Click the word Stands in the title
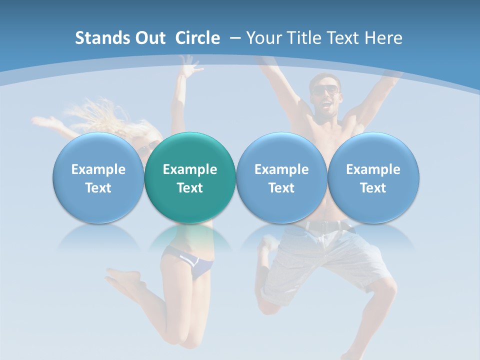point(102,38)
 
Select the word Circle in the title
point(197,38)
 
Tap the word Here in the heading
point(383,38)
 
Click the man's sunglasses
point(325,90)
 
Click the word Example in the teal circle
point(190,169)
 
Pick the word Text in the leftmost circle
point(98,188)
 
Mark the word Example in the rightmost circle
point(373,169)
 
